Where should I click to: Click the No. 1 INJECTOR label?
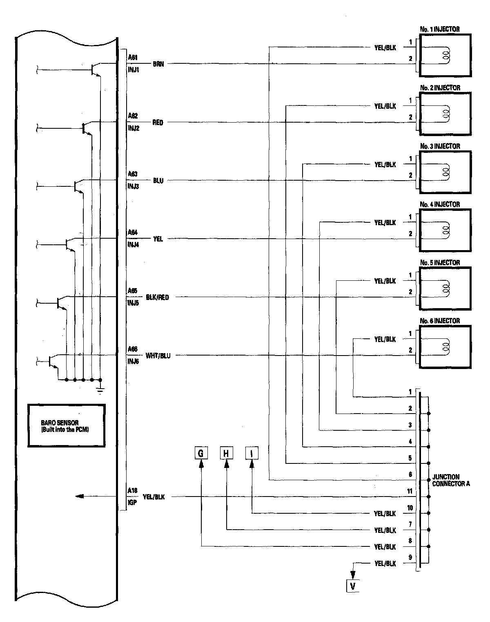click(439, 29)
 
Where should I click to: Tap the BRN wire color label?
click(158, 64)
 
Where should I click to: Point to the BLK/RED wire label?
click(157, 298)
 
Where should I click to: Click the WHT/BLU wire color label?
click(158, 356)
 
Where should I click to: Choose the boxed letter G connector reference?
click(201, 453)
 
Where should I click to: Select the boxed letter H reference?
click(227, 453)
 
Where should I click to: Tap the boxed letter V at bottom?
click(353, 586)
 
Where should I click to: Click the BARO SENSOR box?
click(67, 426)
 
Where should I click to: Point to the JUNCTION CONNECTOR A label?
click(451, 480)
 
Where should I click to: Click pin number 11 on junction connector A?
click(410, 492)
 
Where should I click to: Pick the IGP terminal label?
click(132, 503)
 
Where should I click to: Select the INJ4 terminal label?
click(133, 245)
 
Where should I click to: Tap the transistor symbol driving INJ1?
click(95, 70)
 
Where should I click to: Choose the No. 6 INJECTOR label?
click(439, 321)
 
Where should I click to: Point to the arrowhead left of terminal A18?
click(80, 497)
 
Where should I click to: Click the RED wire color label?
click(158, 123)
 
